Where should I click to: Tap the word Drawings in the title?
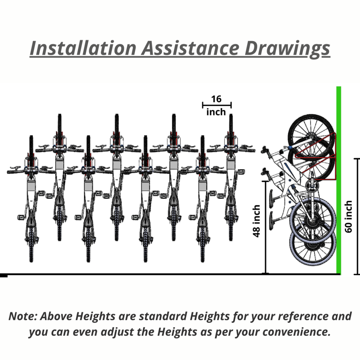[287, 49]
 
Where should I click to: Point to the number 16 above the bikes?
[216, 99]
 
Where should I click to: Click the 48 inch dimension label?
[256, 221]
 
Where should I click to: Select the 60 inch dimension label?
[348, 217]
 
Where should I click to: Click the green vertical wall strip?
[339, 180]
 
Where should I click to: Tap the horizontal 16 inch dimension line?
[217, 105]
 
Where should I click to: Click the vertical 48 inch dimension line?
[265, 227]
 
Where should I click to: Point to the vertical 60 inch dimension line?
[357, 216]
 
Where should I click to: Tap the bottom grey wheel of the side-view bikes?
[313, 244]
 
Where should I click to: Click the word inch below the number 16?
[216, 112]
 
